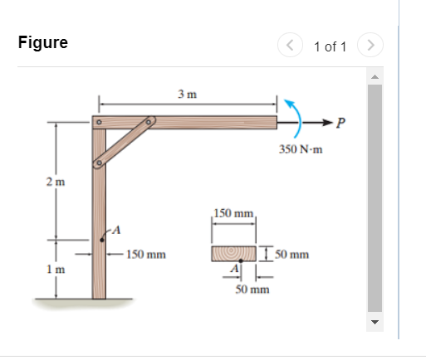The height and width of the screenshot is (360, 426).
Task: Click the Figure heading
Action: click(x=42, y=43)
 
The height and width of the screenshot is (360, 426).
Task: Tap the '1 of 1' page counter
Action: click(x=330, y=46)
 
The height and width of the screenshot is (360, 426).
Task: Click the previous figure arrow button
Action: click(x=291, y=45)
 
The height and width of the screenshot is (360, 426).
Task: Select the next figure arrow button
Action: click(x=371, y=45)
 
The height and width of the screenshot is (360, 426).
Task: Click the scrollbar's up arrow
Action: click(x=373, y=77)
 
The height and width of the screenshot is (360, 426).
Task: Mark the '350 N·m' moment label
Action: click(x=300, y=149)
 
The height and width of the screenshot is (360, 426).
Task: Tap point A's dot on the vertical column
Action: click(x=102, y=241)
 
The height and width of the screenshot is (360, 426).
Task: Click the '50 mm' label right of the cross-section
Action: click(x=290, y=255)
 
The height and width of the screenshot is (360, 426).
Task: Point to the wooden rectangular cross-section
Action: click(x=233, y=252)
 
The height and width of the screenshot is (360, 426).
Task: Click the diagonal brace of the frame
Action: click(x=124, y=142)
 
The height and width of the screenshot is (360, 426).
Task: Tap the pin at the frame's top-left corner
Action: click(x=98, y=123)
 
